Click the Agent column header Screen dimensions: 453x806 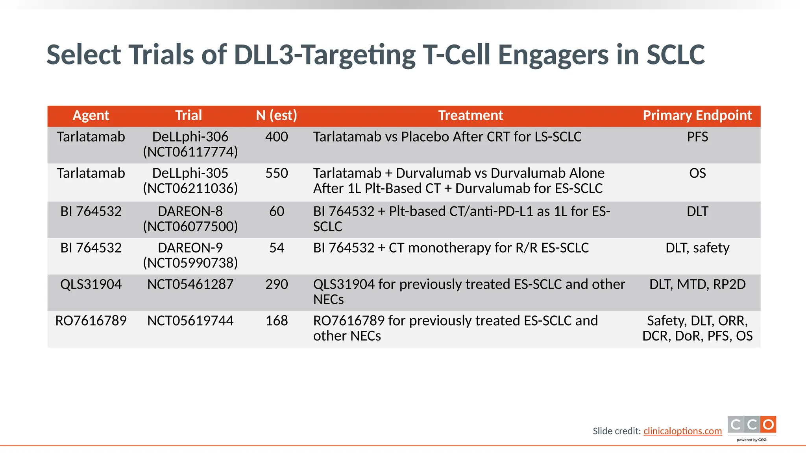click(x=91, y=116)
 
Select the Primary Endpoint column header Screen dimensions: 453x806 click(x=697, y=116)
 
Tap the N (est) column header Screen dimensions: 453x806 click(x=276, y=116)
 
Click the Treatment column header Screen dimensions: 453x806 click(x=470, y=116)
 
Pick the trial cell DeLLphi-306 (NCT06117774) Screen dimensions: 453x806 click(x=190, y=144)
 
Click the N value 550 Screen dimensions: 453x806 click(x=276, y=173)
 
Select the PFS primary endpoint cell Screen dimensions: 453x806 click(x=697, y=137)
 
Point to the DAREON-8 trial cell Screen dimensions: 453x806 click(x=190, y=219)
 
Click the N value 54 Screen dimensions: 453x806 click(x=276, y=248)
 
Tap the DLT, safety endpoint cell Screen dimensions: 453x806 click(x=697, y=248)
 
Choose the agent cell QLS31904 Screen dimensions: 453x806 click(x=91, y=285)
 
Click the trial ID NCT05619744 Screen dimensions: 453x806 click(x=190, y=321)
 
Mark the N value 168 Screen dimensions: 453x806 click(x=276, y=321)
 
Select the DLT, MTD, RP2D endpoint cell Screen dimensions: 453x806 click(x=697, y=285)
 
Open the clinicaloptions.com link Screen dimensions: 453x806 click(x=682, y=431)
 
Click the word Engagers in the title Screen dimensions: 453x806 click(x=553, y=55)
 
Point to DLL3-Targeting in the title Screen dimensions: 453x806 click(x=324, y=55)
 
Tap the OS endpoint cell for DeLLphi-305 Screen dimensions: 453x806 click(x=697, y=173)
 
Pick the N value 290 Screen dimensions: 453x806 click(x=276, y=285)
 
